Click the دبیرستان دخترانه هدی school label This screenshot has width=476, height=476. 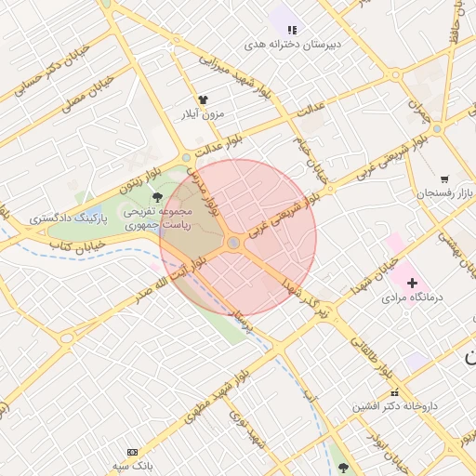tap(293, 44)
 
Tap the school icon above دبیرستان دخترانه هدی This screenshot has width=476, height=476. tap(292, 30)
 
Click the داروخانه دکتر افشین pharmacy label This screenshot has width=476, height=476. tap(394, 406)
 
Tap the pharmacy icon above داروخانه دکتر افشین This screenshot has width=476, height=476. tap(394, 392)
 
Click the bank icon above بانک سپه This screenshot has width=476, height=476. tap(131, 451)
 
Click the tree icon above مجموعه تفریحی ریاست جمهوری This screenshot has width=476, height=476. tap(157, 197)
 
